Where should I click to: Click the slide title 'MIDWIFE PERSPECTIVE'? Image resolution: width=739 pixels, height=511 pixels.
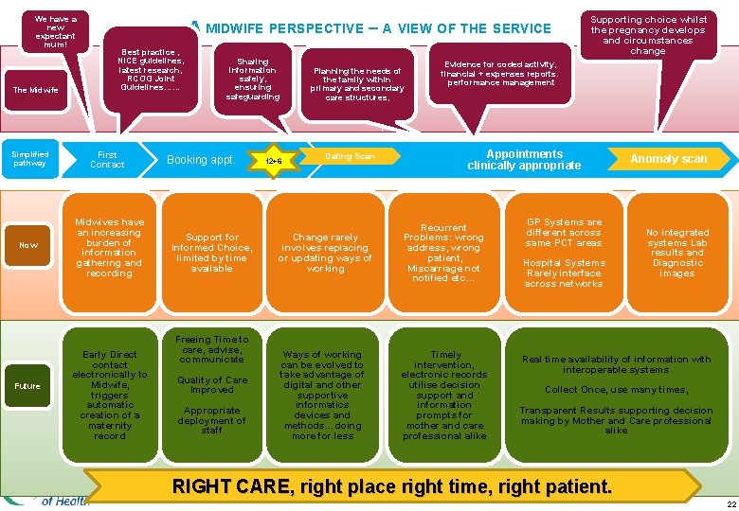click(x=378, y=28)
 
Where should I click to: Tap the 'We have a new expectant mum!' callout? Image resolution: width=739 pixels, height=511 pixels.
click(x=55, y=30)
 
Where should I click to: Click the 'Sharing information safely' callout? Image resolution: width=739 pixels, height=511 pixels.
click(x=253, y=78)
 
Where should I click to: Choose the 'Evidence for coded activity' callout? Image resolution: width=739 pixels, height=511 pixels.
click(x=499, y=73)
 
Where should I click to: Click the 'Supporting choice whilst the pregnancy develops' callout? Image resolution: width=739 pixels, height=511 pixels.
click(x=648, y=35)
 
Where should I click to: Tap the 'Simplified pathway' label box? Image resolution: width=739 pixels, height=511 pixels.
click(x=29, y=159)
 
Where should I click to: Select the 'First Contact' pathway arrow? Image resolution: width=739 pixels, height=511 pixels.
click(x=107, y=159)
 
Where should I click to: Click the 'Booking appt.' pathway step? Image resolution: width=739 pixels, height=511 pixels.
click(x=201, y=160)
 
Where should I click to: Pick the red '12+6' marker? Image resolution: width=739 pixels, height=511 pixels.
click(x=273, y=161)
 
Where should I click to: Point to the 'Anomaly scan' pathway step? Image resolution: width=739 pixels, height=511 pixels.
click(x=669, y=159)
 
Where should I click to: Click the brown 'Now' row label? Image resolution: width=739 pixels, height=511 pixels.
click(x=29, y=245)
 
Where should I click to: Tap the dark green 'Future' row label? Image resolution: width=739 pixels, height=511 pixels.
click(x=28, y=385)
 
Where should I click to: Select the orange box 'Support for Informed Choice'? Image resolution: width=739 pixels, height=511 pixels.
click(x=212, y=253)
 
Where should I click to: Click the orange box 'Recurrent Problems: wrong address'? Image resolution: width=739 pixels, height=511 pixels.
click(x=444, y=253)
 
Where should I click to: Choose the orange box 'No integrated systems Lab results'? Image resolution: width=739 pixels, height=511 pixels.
click(x=677, y=253)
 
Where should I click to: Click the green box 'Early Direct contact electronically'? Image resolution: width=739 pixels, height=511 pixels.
click(x=110, y=395)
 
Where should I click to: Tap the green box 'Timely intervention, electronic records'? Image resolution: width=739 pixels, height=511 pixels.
click(x=444, y=395)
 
